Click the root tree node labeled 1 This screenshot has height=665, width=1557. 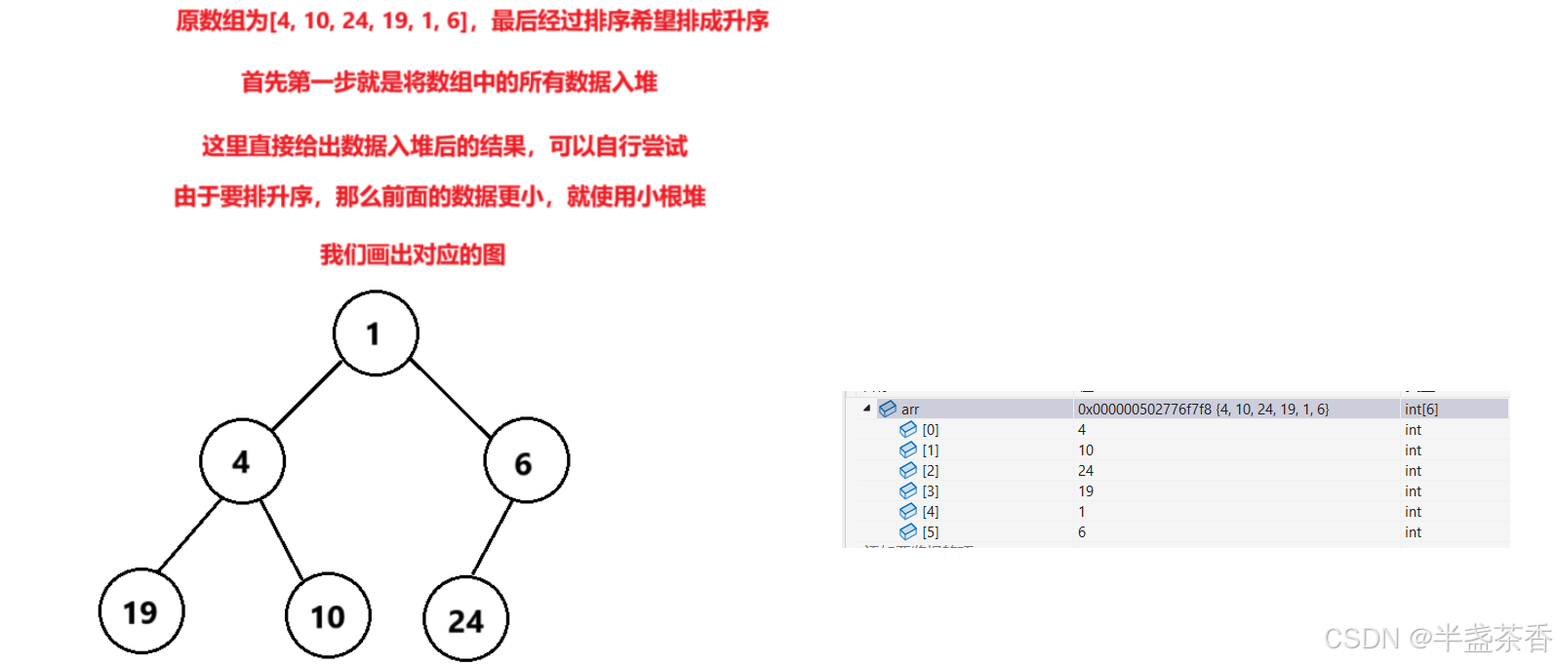376,333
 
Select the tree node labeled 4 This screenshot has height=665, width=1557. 242,461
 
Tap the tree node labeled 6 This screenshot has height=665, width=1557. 526,461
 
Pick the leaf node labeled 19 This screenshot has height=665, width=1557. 141,611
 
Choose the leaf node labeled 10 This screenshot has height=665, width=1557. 328,615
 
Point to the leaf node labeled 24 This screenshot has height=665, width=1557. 465,619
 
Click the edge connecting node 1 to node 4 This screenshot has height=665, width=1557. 307,396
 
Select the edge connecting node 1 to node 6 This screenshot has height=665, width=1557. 450,397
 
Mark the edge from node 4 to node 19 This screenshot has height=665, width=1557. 189,535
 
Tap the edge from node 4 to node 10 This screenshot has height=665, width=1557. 282,539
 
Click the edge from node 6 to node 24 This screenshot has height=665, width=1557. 493,537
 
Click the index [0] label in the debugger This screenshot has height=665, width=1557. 930,430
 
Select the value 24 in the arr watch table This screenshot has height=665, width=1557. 1086,471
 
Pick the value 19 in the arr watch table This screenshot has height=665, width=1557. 1086,491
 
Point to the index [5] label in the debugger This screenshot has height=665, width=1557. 930,532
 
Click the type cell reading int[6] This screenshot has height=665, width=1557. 1421,410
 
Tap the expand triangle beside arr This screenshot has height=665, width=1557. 866,409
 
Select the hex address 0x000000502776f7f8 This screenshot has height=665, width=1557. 1144,410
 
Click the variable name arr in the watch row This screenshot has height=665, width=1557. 909,410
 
